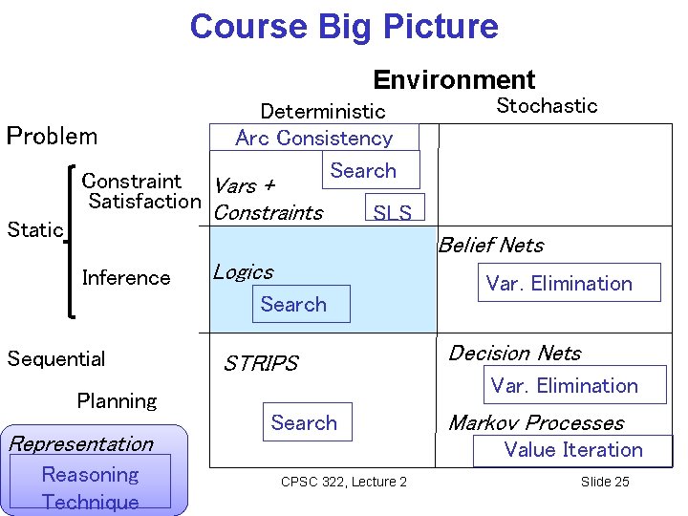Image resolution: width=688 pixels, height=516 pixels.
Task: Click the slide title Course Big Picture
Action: (344, 26)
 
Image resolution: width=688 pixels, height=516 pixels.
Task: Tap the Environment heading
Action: (454, 79)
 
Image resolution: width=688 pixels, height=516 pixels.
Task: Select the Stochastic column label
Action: (547, 105)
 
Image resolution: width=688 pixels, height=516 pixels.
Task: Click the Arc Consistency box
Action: (314, 138)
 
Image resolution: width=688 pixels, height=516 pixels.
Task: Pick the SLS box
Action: (392, 212)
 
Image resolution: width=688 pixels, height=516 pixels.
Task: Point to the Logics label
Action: (243, 272)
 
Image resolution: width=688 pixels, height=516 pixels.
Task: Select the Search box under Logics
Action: (293, 304)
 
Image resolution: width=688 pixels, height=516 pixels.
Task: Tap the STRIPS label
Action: (260, 363)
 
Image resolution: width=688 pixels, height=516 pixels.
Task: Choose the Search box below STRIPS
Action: (304, 422)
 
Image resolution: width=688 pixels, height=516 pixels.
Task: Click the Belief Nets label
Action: (490, 246)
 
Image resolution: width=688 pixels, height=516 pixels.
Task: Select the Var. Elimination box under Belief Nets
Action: (559, 283)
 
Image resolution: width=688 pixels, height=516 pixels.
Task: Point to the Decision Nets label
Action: (514, 353)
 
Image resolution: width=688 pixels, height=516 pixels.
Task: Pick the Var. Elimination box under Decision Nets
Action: (564, 386)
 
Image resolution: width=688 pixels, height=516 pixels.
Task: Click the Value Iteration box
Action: (573, 450)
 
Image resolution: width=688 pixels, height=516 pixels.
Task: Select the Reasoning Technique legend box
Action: (91, 487)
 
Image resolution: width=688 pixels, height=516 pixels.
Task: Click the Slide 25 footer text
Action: (605, 482)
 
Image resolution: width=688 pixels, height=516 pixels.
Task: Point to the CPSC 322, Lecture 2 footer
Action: (344, 482)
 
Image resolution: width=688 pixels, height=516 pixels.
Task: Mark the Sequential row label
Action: (56, 358)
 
